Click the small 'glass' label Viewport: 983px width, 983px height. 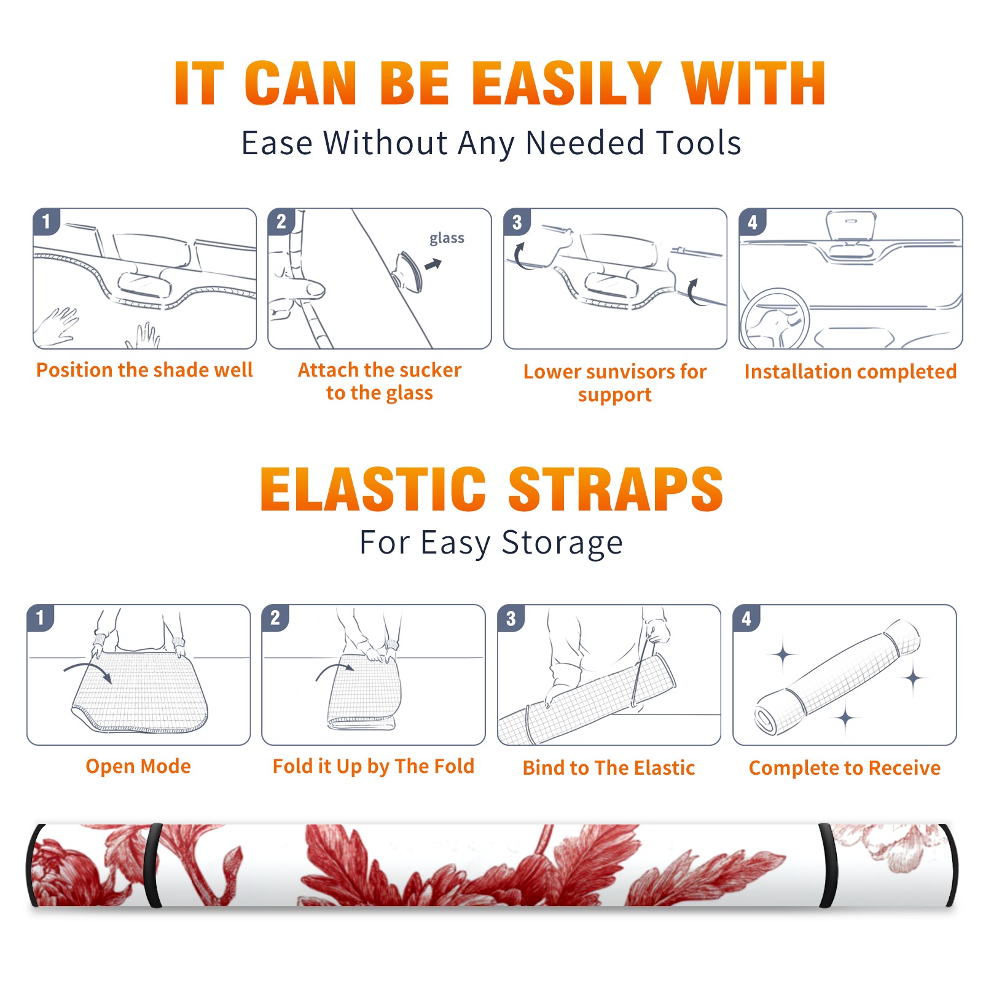(x=447, y=238)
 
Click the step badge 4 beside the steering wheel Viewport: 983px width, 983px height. (x=752, y=221)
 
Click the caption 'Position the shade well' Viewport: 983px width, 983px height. (x=144, y=370)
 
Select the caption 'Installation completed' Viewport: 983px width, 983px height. (x=850, y=371)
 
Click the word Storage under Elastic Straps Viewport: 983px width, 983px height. (x=562, y=543)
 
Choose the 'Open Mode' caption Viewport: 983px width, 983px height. (x=138, y=766)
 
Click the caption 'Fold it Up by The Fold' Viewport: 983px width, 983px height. (x=374, y=766)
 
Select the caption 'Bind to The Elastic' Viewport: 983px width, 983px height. (x=609, y=768)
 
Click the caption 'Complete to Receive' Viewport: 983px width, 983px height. (x=845, y=768)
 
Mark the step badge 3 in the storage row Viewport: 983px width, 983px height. (x=511, y=618)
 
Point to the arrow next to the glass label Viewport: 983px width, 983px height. (x=434, y=264)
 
